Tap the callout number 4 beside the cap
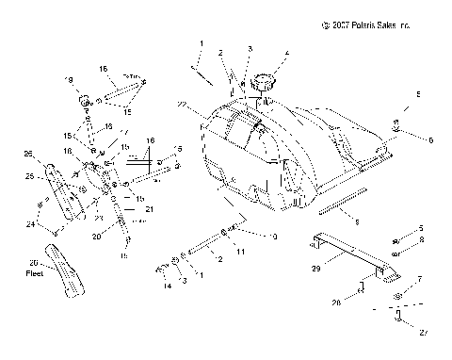[x=286, y=53]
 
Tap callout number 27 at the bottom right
[x=424, y=332]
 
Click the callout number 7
[x=420, y=279]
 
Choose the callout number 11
[x=241, y=253]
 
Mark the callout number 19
[x=69, y=79]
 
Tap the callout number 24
[x=29, y=225]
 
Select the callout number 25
[x=29, y=175]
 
